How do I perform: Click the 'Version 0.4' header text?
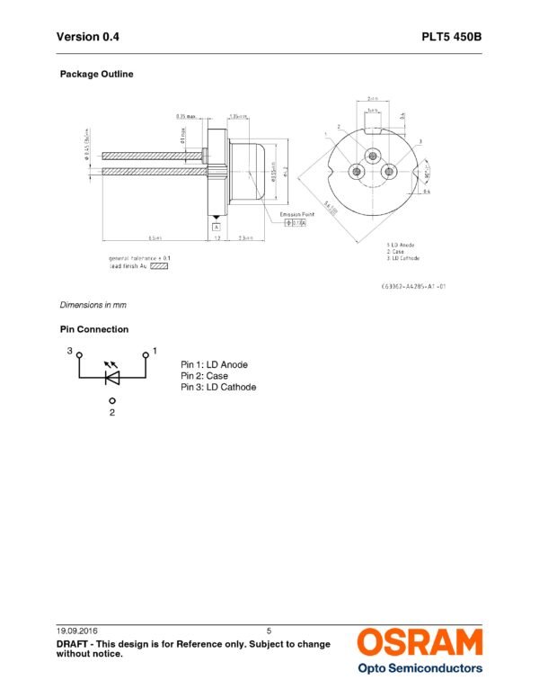coord(87,37)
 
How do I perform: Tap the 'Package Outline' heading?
coord(96,74)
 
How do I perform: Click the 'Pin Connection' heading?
coord(94,329)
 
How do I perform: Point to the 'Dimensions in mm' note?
coord(93,305)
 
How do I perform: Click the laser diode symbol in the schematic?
coord(112,377)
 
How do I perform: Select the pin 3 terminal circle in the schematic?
coord(79,354)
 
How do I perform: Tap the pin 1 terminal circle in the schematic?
coord(146,354)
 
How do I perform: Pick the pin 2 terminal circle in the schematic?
coord(112,401)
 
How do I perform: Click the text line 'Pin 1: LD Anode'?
coord(214,364)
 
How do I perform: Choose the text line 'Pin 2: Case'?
coord(204,376)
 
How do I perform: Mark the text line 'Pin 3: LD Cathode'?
coord(218,387)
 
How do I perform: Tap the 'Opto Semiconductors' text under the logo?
coord(420,668)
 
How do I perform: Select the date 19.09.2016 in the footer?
coord(79,630)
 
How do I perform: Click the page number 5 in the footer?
coord(269,630)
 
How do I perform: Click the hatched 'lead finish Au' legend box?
coord(159,266)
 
